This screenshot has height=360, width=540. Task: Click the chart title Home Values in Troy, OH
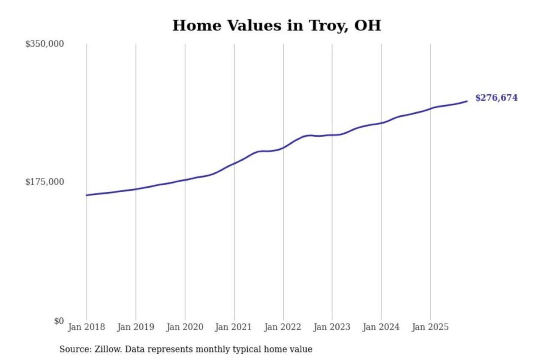point(277,25)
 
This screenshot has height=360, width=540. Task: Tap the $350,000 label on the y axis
point(45,44)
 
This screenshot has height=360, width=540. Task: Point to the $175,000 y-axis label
point(45,182)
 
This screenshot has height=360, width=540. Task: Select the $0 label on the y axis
point(58,321)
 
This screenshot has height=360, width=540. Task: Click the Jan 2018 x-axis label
point(86,327)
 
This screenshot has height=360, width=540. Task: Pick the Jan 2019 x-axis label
point(135,327)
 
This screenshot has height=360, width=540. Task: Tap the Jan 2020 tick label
point(184,327)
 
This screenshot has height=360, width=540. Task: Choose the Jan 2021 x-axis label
point(233,327)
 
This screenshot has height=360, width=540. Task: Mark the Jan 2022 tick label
point(282,327)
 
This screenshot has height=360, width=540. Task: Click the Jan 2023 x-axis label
point(331,327)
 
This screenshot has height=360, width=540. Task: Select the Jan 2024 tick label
point(381,327)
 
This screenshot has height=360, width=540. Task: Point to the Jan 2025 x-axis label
point(430,327)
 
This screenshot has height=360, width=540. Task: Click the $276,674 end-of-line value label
point(496,98)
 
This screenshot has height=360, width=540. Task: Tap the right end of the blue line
point(466,101)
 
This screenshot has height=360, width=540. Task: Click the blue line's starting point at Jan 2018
point(87,195)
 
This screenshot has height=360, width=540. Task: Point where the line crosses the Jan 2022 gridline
point(283,147)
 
